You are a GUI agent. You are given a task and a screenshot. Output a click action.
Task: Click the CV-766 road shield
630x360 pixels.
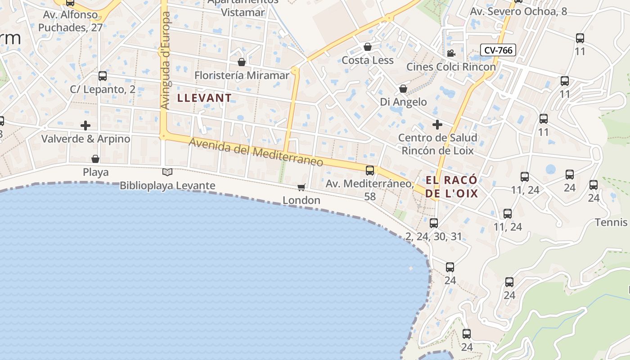498,50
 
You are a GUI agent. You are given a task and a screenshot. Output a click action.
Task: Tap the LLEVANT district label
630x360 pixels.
205,98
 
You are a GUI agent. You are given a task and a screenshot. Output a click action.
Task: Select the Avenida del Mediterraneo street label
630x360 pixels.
256,152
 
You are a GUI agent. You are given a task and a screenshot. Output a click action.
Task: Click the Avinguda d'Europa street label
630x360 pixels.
166,60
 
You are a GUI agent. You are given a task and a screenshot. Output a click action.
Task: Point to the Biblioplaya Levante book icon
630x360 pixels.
167,172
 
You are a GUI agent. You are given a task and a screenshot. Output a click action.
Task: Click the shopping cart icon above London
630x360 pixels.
301,187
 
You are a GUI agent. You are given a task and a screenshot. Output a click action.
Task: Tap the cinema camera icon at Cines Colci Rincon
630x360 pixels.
451,54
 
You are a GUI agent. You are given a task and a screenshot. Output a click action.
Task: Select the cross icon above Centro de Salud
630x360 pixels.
437,125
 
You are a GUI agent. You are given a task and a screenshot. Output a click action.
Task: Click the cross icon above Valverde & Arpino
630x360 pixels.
85,126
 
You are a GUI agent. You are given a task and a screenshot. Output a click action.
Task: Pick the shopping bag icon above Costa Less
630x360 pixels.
368,47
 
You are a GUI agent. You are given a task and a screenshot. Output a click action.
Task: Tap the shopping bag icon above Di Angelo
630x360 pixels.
403,89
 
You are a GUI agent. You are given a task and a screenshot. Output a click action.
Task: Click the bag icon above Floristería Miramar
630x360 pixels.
242,62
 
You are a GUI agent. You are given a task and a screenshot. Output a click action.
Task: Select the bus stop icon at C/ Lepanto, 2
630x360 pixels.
103,76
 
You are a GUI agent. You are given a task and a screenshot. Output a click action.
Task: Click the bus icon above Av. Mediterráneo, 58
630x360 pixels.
370,171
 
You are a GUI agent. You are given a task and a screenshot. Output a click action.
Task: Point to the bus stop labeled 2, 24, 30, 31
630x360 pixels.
434,223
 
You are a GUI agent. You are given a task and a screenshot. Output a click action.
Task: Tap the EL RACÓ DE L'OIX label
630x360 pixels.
451,187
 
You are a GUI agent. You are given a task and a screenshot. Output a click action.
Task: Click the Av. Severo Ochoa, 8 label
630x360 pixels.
518,12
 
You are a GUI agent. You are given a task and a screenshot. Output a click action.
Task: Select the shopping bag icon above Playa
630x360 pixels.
95,159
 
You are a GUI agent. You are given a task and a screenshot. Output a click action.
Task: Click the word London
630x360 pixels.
301,200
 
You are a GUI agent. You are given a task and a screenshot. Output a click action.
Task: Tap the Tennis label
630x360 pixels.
611,222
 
